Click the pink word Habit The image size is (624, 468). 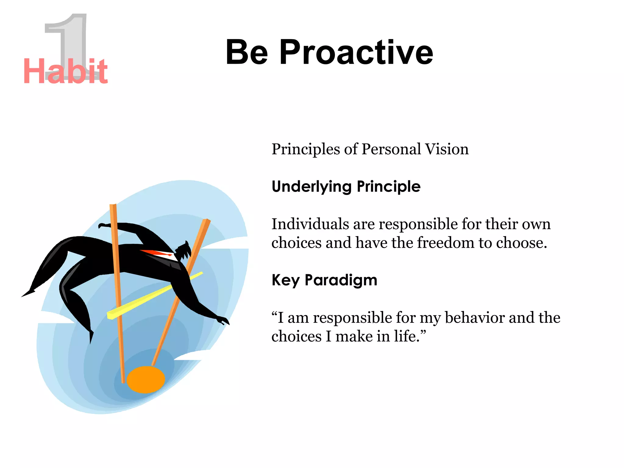[65, 72]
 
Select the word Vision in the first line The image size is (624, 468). [447, 149]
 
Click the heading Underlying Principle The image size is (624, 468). [346, 186]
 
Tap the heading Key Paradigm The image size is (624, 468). [324, 280]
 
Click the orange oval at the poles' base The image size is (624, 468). [146, 380]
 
